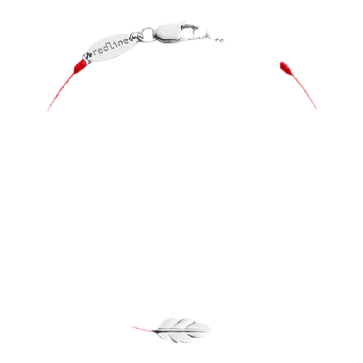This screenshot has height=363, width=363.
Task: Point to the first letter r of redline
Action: (95, 53)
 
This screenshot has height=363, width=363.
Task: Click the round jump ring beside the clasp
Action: (148, 34)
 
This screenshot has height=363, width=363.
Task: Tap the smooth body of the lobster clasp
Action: (167, 33)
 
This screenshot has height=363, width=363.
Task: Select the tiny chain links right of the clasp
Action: (215, 38)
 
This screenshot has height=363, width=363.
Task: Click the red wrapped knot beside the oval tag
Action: (80, 66)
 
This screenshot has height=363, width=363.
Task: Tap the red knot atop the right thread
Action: (285, 68)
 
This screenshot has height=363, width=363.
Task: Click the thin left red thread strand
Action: (61, 92)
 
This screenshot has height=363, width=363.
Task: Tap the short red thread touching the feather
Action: (142, 328)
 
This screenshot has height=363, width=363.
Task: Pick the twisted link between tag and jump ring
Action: (136, 36)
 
